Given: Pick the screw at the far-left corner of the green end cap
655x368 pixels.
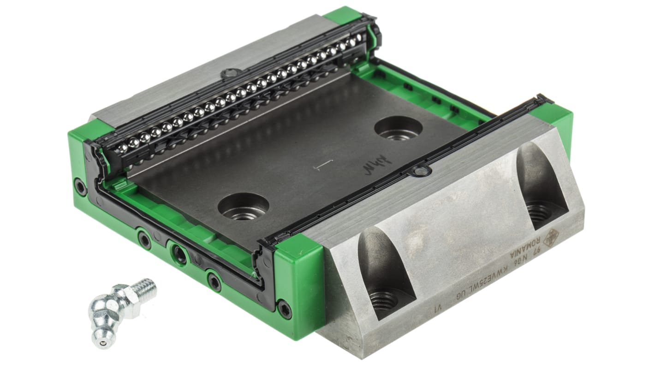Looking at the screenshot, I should [x=81, y=187].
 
